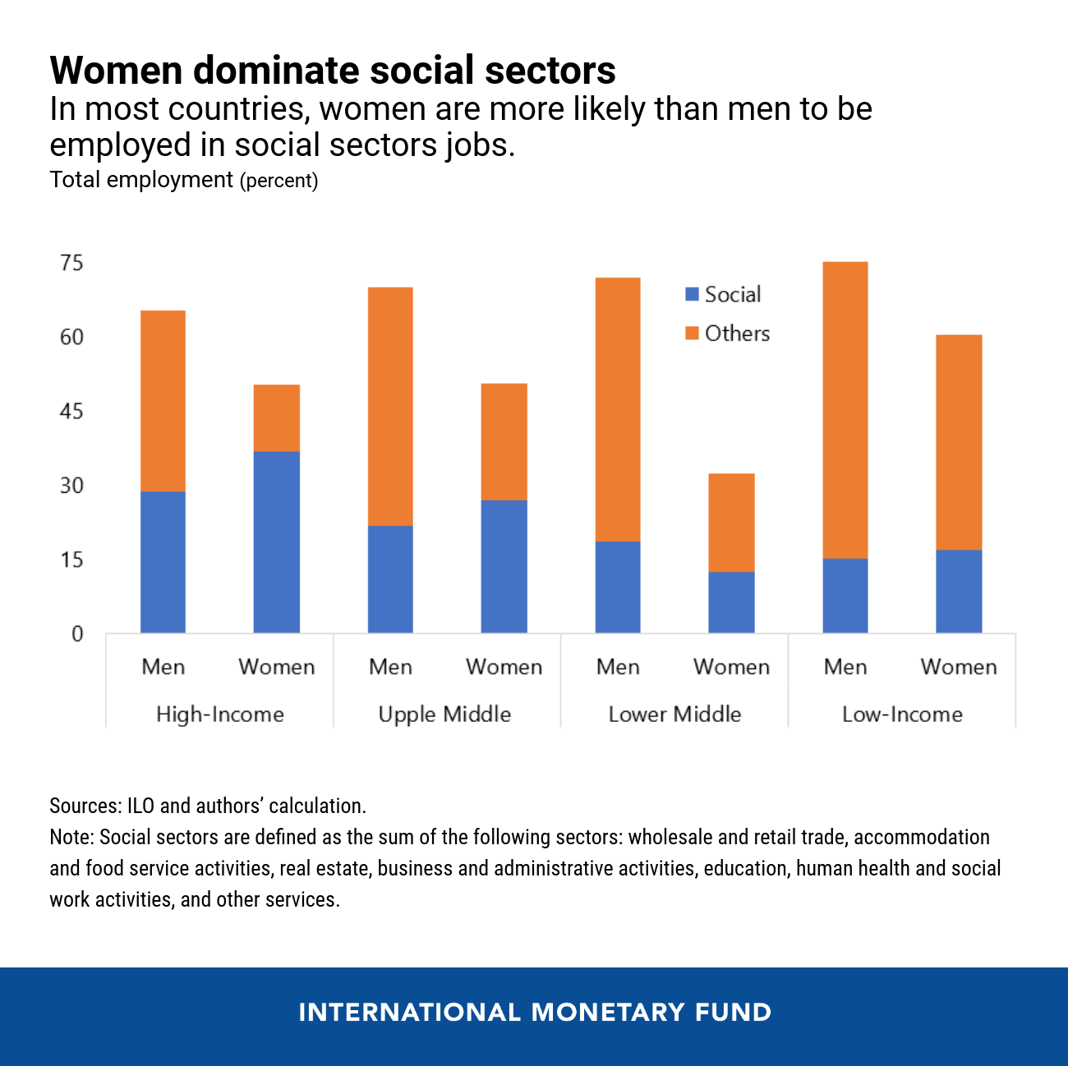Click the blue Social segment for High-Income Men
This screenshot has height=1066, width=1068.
[x=163, y=562]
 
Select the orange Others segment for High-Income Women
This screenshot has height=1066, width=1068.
[x=276, y=417]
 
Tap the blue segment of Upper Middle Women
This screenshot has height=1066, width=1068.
[x=504, y=566]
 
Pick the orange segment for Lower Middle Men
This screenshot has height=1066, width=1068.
[x=617, y=409]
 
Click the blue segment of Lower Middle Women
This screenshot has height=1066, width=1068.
[x=731, y=602]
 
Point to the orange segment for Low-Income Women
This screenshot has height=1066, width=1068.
[x=959, y=442]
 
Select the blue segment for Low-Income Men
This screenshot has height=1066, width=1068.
[x=845, y=595]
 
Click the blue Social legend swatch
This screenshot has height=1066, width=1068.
[x=692, y=294]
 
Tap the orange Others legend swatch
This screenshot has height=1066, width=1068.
[x=692, y=333]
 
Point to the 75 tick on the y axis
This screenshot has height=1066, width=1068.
[x=72, y=263]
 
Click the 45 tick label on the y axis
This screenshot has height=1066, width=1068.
[x=72, y=411]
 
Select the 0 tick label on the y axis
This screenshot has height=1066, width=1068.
[x=77, y=634]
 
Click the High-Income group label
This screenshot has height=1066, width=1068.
[x=219, y=714]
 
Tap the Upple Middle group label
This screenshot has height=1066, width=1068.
[x=444, y=714]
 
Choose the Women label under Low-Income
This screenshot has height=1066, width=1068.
[x=959, y=667]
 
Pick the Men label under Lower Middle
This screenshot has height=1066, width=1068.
[x=617, y=667]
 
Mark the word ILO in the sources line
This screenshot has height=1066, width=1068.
[x=140, y=806]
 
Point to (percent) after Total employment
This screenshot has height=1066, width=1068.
[x=279, y=181]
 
